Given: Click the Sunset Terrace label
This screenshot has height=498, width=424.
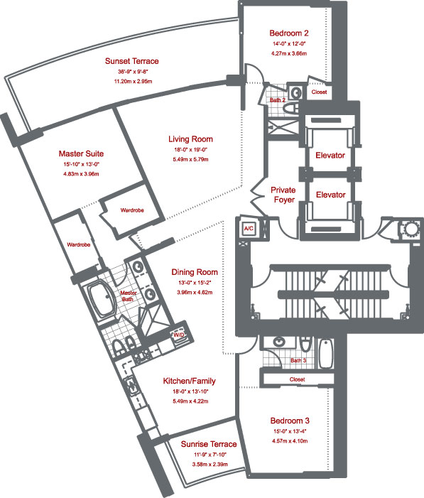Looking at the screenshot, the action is point(132,61).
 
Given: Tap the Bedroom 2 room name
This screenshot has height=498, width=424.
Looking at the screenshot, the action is point(288,33).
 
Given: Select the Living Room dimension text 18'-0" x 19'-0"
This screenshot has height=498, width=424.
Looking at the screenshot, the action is point(190,150).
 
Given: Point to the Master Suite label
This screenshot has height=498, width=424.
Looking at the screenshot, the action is point(81,153).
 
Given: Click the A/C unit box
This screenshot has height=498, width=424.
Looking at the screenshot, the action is point(249,228).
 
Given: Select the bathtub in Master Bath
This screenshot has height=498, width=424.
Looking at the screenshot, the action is point(102,300).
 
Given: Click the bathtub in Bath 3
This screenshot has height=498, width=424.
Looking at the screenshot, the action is point(326,353).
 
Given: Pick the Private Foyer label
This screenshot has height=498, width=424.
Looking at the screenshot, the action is point(283,195).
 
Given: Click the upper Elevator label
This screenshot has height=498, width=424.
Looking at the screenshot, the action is point(330,156).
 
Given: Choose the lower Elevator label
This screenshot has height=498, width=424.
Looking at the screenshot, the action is point(331,195).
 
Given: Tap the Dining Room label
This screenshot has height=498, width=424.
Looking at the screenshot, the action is point(195,272).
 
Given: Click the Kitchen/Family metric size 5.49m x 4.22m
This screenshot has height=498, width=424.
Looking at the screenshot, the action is point(190,401).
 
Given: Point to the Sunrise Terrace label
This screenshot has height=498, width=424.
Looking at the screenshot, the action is point(209,444).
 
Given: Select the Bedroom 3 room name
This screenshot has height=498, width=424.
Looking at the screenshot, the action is point(290,421).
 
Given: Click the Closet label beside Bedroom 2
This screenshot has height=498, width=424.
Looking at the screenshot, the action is point(319,92).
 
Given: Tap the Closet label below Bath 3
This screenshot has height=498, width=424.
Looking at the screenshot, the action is point(298,379).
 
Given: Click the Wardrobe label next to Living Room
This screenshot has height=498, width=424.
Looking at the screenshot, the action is point(132,210).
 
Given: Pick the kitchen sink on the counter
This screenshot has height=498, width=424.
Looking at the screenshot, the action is point(131,385).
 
